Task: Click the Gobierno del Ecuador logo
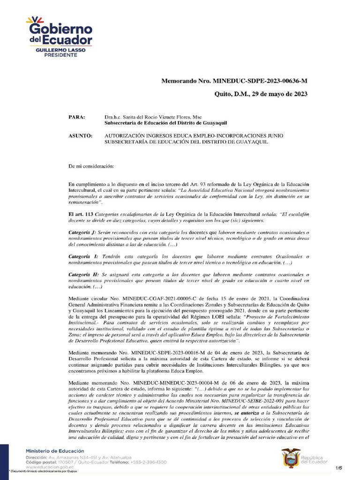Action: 59,33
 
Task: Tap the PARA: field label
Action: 76,117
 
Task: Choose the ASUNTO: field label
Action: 80,135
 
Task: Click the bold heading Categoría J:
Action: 82,232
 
